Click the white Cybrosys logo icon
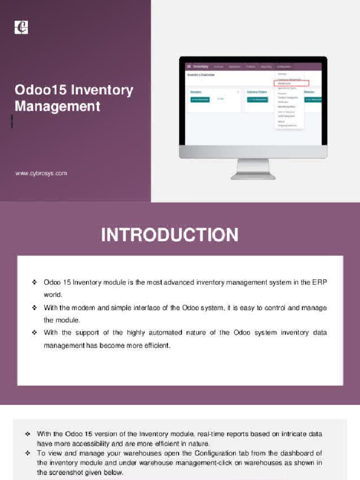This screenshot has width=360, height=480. pos(22,27)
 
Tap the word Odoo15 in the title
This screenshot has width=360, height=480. pos(39,90)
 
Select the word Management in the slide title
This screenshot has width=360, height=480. pos(57,106)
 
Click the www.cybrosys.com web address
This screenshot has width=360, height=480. pos(41,173)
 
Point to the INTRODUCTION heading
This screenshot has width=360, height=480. pos(170,235)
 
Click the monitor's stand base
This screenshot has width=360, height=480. pos(253,176)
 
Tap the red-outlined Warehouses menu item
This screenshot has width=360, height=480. pos(292,83)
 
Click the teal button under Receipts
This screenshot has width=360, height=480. pos(200,100)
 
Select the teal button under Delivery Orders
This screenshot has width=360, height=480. pos(257,100)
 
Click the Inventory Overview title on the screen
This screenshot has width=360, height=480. pos(201,75)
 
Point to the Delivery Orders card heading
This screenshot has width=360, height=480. pos(257,92)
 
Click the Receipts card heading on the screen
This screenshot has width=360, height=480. pos(196,92)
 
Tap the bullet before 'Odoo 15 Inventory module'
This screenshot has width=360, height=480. pos(35,282)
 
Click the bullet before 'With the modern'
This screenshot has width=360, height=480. pos(35,308)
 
